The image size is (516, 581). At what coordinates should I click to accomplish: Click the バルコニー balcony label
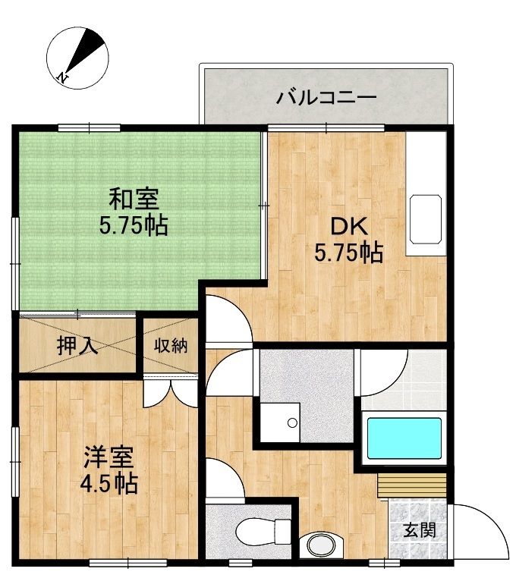[x=326, y=98]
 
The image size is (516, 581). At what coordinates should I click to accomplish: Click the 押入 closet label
[x=77, y=345]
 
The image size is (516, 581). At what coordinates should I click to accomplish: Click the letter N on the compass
[x=63, y=77]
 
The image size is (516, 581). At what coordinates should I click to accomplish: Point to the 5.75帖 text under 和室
[x=134, y=225]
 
